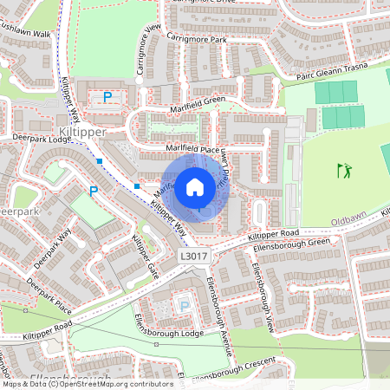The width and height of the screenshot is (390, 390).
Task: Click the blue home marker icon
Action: [195, 186]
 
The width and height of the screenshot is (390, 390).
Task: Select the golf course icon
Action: [345, 171]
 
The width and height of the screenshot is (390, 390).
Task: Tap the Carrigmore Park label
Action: [197, 39]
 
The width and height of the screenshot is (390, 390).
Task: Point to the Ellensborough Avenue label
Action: [220, 318]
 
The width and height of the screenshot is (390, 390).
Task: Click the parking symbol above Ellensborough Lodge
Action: [183, 305]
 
